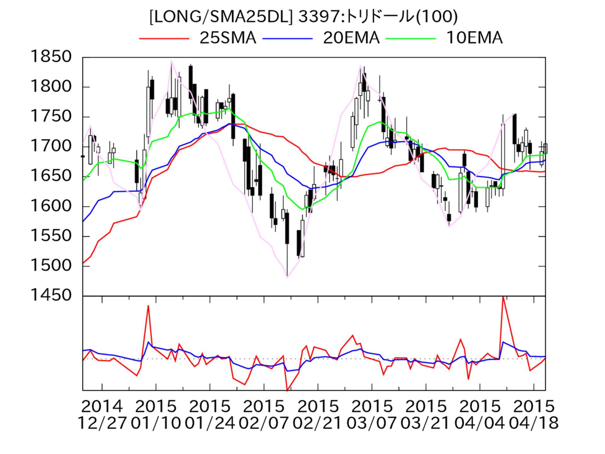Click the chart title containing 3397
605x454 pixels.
[x=303, y=17]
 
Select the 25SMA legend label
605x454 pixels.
[x=228, y=38]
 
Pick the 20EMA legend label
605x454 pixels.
[x=351, y=38]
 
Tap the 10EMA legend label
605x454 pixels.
[x=474, y=38]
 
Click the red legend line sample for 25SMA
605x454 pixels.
[x=164, y=38]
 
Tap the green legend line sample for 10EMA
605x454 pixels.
[x=411, y=38]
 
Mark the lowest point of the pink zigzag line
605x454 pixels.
[x=287, y=277]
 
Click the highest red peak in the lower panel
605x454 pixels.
[x=503, y=297]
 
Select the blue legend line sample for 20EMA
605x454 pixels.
[x=287, y=38]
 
